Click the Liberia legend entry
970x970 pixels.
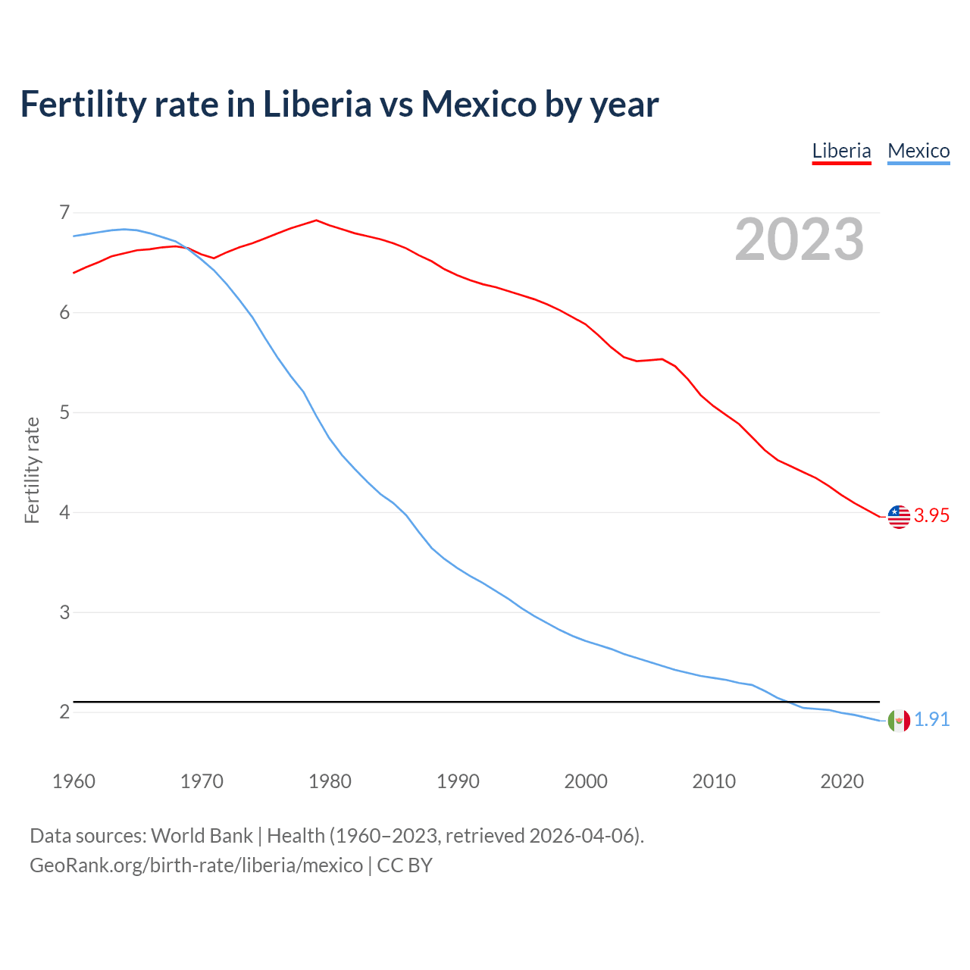pos(841,151)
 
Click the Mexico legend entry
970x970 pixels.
pos(918,151)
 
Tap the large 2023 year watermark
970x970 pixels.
pos(799,239)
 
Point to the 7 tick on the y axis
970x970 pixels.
pos(64,212)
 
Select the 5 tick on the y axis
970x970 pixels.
pos(64,412)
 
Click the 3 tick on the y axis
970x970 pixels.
pos(64,612)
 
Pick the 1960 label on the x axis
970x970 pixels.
pos(74,781)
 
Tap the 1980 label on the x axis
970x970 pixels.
pos(330,781)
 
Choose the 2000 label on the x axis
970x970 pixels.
pos(586,781)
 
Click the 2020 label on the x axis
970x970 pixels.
pos(842,781)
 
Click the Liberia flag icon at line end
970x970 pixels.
pos(899,516)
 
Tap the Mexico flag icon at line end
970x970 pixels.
pos(899,720)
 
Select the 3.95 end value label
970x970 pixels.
pos(931,516)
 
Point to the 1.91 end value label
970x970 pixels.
pos(931,720)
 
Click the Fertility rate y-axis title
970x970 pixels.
pos(32,470)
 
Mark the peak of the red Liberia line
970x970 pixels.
pos(317,221)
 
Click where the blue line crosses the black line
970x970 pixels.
pos(784,702)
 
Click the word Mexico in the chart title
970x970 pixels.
pos(479,104)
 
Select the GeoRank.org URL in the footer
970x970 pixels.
pos(196,865)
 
